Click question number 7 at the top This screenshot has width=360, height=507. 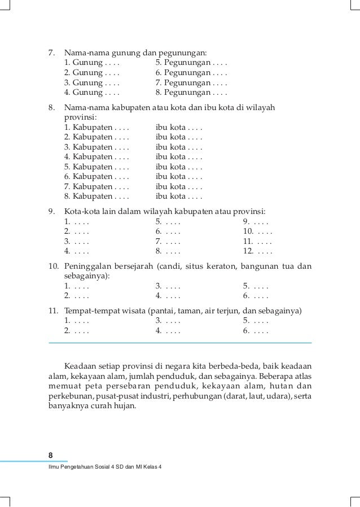[51, 53]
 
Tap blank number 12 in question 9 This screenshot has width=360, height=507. [257, 251]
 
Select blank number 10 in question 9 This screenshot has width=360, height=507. [257, 231]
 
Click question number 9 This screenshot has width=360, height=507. [51, 212]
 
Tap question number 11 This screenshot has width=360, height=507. [53, 311]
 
